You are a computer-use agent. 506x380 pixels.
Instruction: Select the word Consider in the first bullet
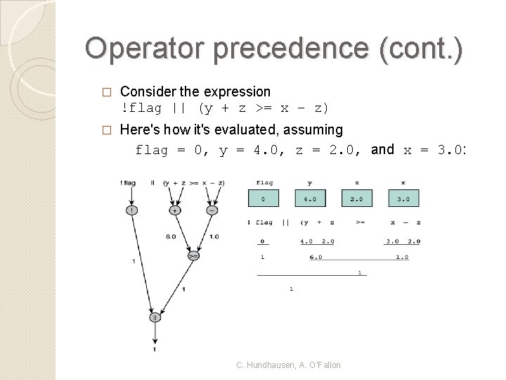coord(146,91)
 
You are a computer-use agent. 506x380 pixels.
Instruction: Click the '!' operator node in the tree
coord(131,210)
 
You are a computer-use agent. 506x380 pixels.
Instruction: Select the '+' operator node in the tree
coord(174,210)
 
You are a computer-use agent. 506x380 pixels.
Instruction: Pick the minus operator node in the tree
coord(212,210)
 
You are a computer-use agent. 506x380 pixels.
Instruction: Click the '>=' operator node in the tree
coord(193,256)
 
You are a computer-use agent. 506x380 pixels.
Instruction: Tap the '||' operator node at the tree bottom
coord(154,317)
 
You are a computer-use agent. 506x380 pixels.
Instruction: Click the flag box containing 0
coord(263,199)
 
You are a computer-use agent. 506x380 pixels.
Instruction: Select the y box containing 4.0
coord(309,199)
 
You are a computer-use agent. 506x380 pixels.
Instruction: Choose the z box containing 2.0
coord(356,199)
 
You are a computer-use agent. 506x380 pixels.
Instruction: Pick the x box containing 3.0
coord(403,199)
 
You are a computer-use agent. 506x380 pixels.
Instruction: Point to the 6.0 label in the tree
coord(171,236)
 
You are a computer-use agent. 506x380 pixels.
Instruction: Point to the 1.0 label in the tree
coord(214,236)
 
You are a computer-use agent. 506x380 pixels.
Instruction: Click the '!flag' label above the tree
coord(128,183)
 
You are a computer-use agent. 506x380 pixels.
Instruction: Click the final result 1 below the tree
coord(154,349)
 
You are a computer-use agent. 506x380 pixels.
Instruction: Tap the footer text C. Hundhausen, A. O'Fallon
coord(288,365)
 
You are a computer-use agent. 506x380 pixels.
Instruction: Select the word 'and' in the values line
coord(382,149)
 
